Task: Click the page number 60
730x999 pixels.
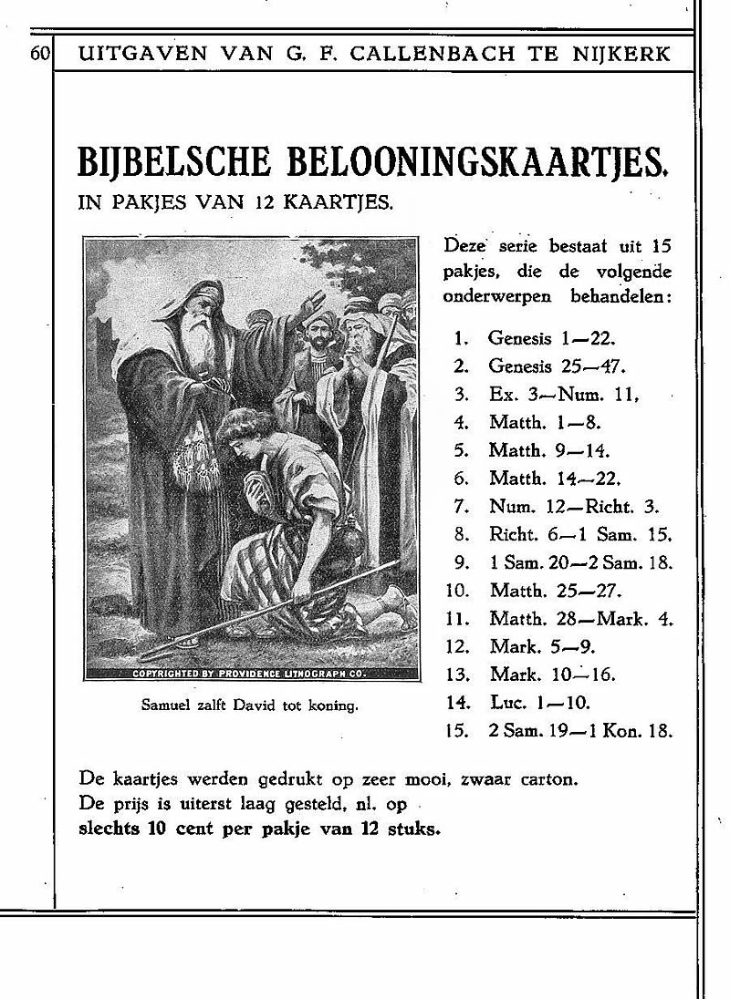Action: [x=40, y=53]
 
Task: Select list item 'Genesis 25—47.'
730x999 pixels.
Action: [x=556, y=366]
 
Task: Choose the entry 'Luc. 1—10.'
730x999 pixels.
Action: [x=540, y=702]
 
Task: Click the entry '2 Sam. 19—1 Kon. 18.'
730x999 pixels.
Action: [x=580, y=730]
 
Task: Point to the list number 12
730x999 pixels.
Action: [x=458, y=646]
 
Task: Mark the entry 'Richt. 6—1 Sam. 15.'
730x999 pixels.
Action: [x=580, y=534]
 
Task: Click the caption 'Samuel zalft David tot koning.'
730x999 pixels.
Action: [x=250, y=704]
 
